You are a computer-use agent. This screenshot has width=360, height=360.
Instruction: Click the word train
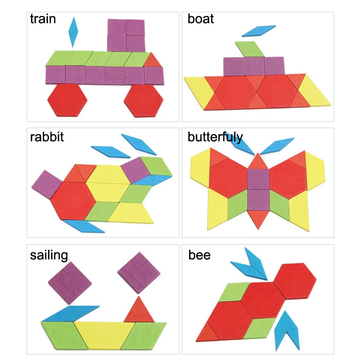[43, 19]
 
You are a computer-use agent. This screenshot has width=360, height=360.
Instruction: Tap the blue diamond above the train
[73, 32]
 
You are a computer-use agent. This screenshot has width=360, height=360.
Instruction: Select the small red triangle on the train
[152, 60]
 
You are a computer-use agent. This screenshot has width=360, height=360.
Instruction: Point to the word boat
[201, 19]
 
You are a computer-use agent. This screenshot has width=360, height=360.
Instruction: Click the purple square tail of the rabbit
[46, 184]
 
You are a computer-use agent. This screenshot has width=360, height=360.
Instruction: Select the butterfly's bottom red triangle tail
[257, 218]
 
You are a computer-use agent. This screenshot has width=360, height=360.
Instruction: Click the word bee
[199, 255]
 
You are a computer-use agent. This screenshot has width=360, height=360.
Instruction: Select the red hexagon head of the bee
[294, 281]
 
